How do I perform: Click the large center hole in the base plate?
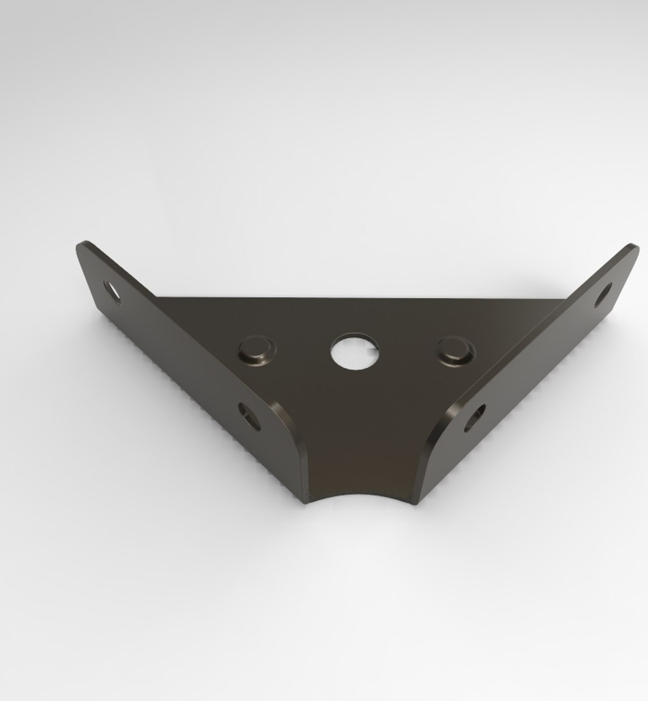(x=355, y=352)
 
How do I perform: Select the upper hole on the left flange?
(x=112, y=290)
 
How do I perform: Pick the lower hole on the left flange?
(x=248, y=415)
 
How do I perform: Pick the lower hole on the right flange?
(x=476, y=417)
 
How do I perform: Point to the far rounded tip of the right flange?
(x=631, y=249)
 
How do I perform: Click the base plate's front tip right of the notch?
(x=414, y=500)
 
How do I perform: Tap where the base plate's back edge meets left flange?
(x=157, y=298)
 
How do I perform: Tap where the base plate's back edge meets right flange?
(x=564, y=299)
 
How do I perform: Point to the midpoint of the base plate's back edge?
(x=360, y=299)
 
